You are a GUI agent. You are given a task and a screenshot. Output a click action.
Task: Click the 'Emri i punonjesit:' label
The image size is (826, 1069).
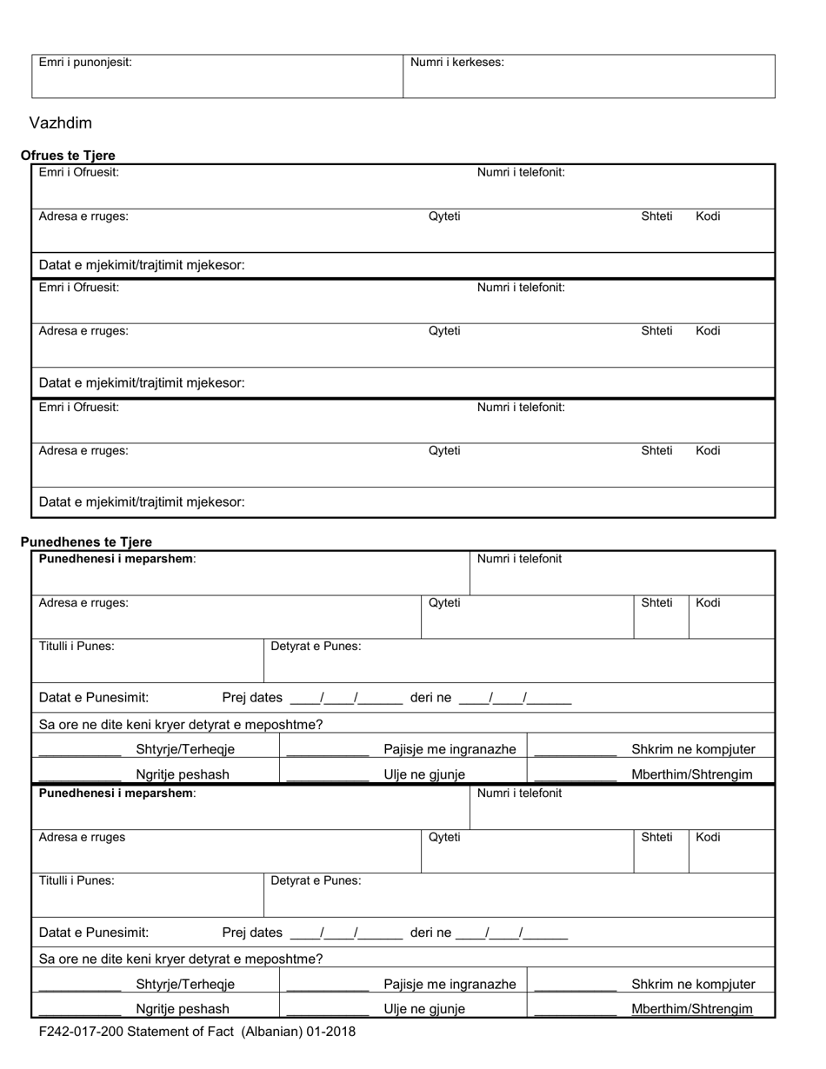[85, 63]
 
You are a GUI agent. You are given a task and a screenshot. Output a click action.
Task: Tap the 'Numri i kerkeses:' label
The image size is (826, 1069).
[456, 63]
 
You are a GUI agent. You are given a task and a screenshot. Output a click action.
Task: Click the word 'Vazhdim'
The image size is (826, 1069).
[60, 123]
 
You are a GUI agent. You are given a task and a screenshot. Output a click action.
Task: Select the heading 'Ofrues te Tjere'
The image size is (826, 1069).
[68, 156]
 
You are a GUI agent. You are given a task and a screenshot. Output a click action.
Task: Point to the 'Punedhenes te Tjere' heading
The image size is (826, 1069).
[86, 541]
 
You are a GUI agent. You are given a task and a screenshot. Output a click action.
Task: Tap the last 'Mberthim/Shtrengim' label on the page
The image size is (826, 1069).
[692, 1009]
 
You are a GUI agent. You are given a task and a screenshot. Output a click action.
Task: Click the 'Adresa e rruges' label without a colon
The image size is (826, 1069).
[82, 837]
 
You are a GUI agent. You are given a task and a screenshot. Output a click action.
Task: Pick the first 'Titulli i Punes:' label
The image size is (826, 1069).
[77, 646]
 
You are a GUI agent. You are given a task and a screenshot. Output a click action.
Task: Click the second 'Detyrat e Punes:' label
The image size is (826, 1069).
[316, 880]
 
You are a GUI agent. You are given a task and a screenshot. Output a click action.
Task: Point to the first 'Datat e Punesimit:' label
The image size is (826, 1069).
[94, 697]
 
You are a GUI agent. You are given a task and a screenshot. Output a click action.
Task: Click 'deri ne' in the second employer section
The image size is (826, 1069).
[430, 933]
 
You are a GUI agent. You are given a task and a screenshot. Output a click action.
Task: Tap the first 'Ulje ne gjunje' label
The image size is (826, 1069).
[424, 774]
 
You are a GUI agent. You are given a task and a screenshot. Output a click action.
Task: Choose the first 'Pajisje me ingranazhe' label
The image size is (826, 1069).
[450, 749]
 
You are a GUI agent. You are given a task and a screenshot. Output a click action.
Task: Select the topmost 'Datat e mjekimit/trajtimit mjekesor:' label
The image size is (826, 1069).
[142, 265]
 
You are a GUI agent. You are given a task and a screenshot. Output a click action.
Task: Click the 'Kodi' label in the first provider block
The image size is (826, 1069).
[708, 216]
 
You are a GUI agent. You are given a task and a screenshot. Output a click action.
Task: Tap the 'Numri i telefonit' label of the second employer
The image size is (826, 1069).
[519, 793]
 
